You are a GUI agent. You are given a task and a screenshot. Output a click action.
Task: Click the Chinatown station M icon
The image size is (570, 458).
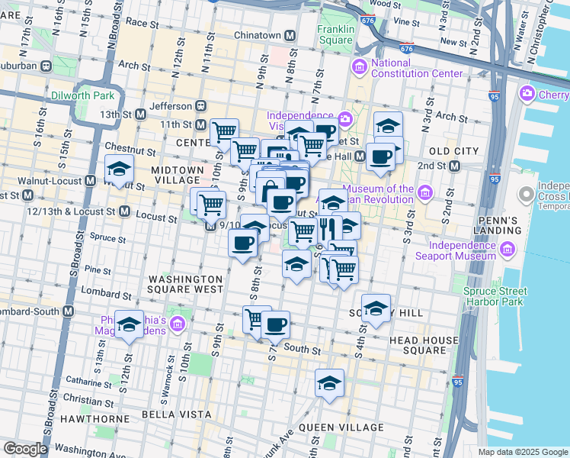[x=290, y=36]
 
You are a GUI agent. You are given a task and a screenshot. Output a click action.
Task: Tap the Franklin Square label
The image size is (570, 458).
[x=336, y=35]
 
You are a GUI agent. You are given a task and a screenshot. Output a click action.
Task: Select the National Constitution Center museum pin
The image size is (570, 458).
[x=359, y=68]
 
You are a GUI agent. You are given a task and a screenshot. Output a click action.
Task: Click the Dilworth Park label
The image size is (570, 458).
[x=82, y=95]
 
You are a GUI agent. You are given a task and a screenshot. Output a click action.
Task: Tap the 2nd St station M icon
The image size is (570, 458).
[x=455, y=166]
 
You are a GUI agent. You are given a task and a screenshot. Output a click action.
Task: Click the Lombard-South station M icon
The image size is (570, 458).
[x=69, y=311]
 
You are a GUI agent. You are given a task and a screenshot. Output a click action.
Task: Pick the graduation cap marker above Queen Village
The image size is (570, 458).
[x=329, y=383]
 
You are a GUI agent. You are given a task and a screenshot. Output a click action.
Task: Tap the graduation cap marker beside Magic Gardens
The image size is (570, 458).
[x=130, y=324]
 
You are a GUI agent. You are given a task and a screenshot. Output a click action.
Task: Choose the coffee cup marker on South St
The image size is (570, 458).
[x=275, y=324]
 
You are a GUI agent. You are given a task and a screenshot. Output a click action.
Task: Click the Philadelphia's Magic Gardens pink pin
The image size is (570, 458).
[x=178, y=325]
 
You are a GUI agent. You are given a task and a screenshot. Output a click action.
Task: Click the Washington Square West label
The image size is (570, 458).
[x=185, y=285]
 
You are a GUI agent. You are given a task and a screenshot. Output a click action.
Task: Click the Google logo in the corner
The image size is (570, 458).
[x=24, y=448]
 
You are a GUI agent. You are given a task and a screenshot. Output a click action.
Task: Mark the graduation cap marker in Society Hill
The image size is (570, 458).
[x=376, y=308]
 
